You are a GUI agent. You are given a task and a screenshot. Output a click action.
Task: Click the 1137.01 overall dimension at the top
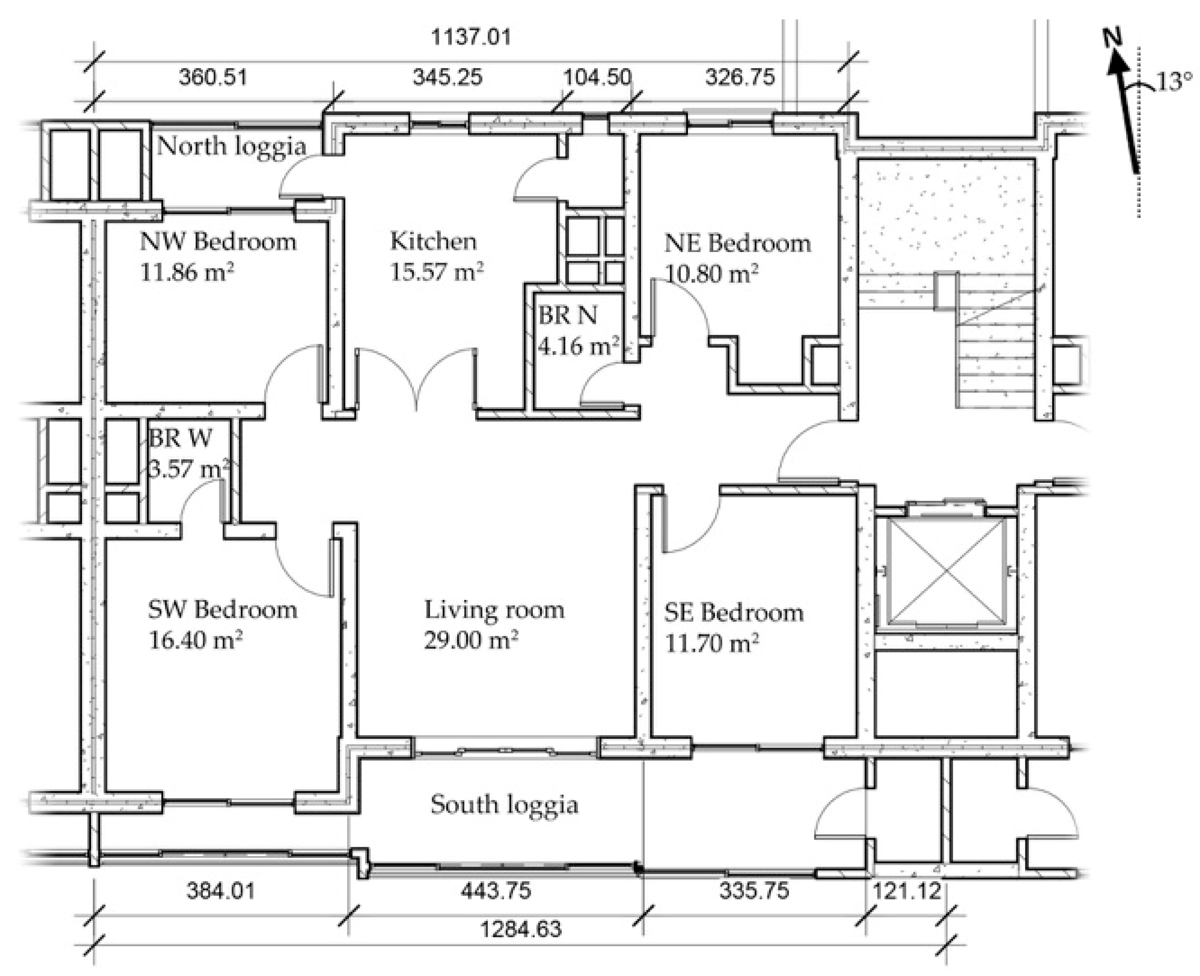coord(471,37)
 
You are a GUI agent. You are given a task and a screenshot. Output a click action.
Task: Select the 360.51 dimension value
coord(213,77)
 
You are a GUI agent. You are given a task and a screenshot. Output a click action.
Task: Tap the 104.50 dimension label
coord(597,77)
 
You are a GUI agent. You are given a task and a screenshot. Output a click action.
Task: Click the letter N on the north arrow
coord(1112,38)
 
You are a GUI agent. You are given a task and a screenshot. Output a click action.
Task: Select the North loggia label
coord(232,146)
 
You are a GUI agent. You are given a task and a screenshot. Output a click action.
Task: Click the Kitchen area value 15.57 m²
coord(437,271)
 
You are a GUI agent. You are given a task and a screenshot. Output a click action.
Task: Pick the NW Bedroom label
coord(218,242)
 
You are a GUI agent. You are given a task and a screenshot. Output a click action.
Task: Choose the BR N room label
coord(568,316)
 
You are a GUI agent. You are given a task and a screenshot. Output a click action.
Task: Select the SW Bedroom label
coord(223,609)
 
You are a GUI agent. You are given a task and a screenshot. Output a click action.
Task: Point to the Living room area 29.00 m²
coord(471,640)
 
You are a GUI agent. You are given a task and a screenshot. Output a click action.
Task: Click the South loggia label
coord(504,805)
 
